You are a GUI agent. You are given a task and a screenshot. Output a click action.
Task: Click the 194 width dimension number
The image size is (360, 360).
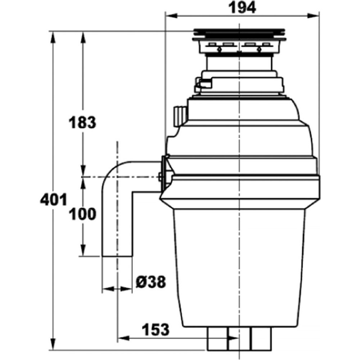pos(242,8)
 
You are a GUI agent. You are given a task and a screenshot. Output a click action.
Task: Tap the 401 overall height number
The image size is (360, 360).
pos(54,199)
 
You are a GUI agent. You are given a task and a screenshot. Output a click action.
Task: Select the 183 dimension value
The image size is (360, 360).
pos(82,122)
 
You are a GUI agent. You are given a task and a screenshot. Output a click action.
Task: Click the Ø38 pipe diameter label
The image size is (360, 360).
pos(150,282)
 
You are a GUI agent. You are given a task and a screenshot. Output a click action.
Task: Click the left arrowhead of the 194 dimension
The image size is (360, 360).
pos(171,16)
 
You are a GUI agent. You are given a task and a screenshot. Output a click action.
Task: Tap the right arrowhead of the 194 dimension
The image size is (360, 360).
pos(314,16)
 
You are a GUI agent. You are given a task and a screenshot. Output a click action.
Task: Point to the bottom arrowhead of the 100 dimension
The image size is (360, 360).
pos(83,250)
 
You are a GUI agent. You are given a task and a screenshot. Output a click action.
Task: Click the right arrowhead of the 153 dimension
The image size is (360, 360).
pos(233,338)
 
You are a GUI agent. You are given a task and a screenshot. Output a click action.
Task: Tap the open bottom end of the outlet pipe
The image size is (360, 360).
pos(117,256)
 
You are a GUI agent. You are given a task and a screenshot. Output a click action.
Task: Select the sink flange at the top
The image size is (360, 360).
pos(239,35)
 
